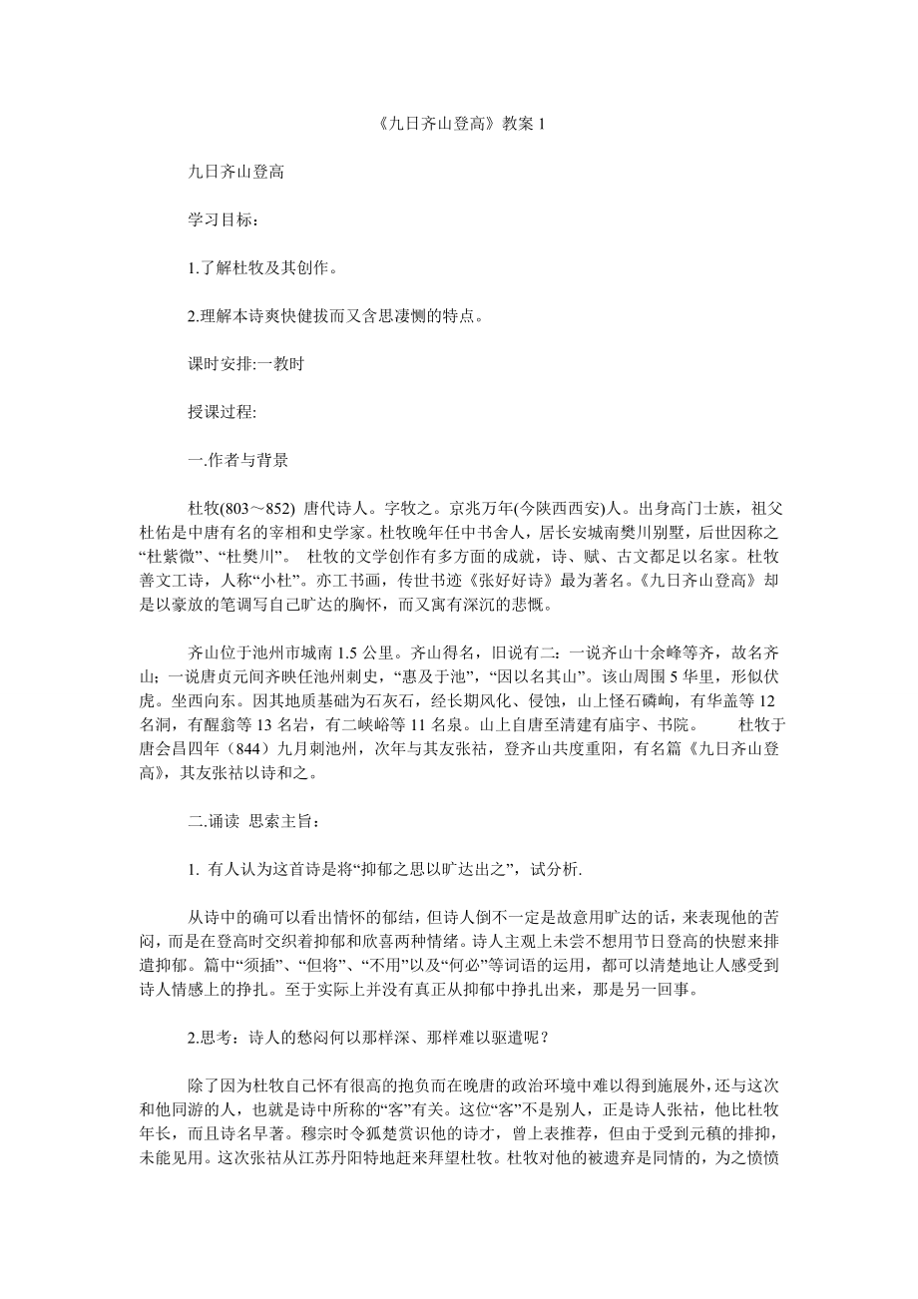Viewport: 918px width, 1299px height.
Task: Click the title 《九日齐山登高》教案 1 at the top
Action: point(459,125)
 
